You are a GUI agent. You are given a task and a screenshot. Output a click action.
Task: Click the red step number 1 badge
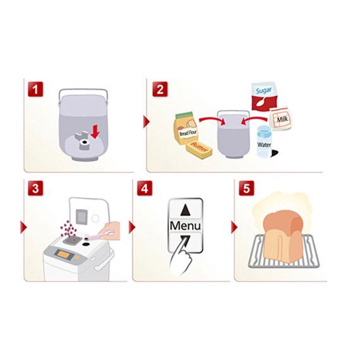(x=35, y=89)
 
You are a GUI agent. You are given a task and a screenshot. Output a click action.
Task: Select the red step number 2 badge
(x=160, y=89)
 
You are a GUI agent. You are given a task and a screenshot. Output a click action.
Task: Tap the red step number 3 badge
(x=35, y=188)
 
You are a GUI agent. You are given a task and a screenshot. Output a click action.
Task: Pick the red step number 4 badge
(x=145, y=188)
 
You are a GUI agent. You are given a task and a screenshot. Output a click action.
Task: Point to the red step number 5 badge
(x=246, y=188)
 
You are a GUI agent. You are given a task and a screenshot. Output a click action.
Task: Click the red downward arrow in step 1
(x=95, y=132)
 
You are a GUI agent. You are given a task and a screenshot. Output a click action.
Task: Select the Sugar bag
(x=263, y=97)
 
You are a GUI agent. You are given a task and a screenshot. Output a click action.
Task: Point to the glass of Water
(x=264, y=141)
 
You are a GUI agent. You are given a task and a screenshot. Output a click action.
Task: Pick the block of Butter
(x=199, y=150)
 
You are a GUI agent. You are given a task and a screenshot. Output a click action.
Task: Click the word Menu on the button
(x=185, y=225)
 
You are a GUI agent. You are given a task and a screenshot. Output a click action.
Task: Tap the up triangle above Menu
(x=185, y=210)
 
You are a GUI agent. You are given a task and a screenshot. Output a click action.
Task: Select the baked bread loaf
(x=283, y=237)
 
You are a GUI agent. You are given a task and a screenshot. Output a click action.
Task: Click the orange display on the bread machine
(x=64, y=254)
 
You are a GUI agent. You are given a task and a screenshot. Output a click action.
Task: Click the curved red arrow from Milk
(x=255, y=120)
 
